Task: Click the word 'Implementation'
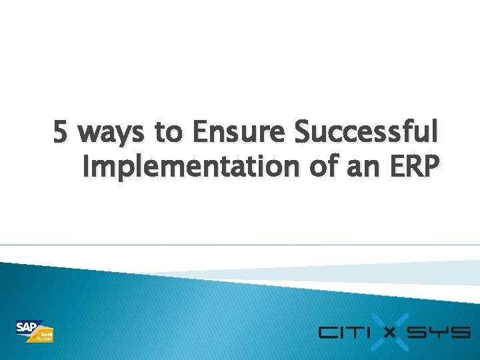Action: pyautogui.click(x=191, y=167)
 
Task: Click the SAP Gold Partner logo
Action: pyautogui.click(x=35, y=331)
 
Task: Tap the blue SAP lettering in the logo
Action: pyautogui.click(x=27, y=327)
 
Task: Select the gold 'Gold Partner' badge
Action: pyautogui.click(x=45, y=336)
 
